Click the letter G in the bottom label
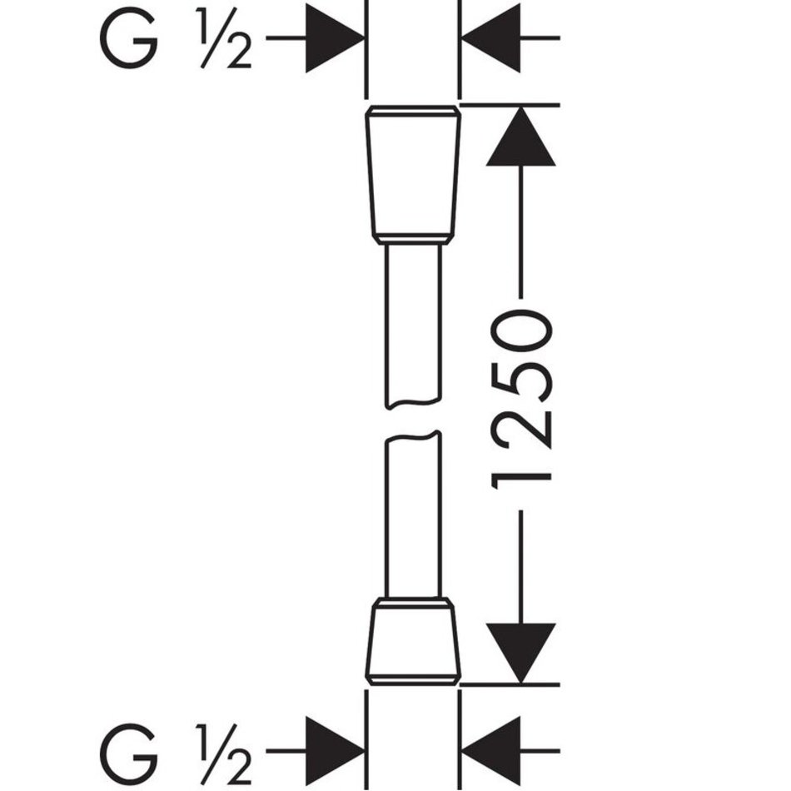128,753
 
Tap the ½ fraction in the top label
225,38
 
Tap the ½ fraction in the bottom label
225,753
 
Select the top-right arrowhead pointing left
491,37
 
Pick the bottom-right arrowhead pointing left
491,751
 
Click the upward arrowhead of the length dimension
520,136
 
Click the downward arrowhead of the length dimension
520,654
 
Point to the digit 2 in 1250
520,426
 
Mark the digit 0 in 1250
521,330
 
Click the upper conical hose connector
413,175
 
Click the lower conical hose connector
413,641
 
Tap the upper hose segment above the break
413,326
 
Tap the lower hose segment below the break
413,515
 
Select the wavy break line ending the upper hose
413,402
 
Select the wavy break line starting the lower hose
413,436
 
